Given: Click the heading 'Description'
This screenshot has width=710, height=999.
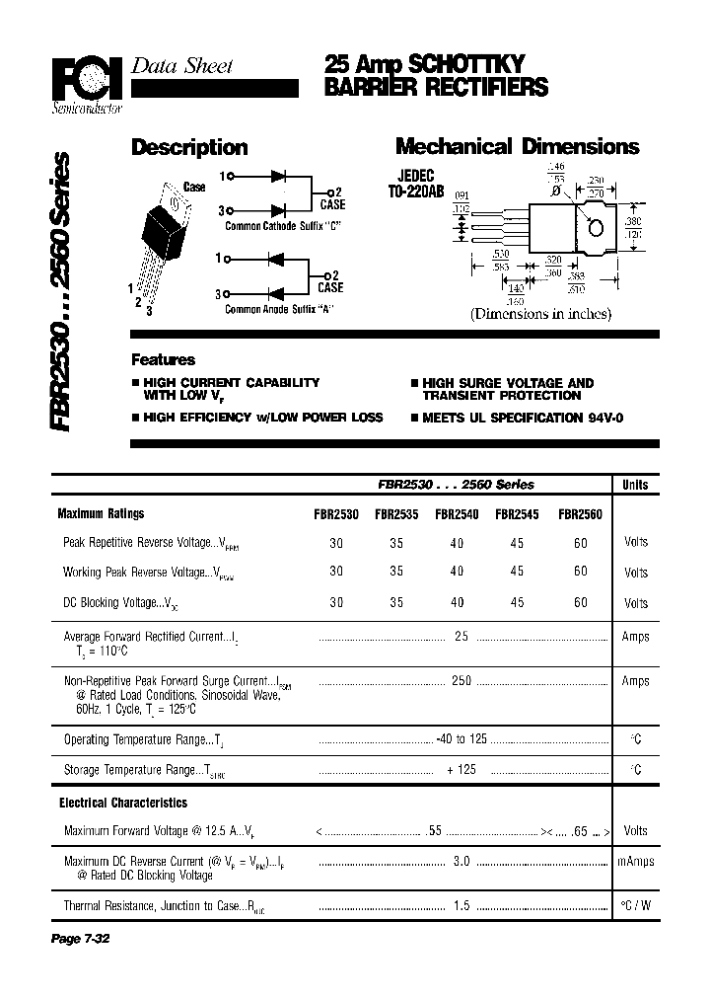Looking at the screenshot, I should pos(189,148).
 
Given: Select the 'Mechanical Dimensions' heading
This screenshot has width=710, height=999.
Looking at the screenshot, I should pos(517,147).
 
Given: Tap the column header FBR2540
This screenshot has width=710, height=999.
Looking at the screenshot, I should pos(456,514).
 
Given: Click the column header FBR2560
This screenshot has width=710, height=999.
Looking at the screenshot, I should pos(580,514).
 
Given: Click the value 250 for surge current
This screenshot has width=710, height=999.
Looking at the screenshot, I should pos(461,681).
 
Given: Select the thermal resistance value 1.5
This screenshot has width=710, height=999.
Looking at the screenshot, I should pos(461,904).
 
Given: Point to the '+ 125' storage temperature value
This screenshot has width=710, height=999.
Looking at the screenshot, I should pos(461,770).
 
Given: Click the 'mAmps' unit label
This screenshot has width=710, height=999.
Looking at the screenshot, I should pos(636,862).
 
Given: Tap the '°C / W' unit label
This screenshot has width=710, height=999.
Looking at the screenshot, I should pos(636,904).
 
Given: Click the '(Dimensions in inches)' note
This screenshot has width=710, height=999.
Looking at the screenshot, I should pos(540,314).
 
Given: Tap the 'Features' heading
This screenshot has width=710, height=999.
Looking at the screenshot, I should pos(164,360).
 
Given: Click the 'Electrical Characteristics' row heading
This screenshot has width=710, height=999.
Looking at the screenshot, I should pos(123,804).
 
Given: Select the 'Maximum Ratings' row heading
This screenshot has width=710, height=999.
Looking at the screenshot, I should pos(101,514).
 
